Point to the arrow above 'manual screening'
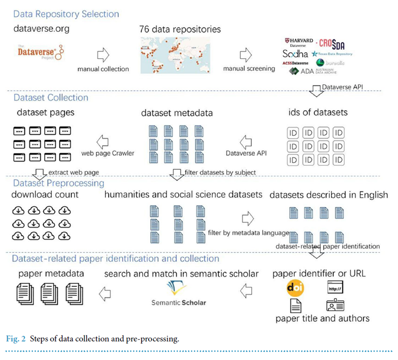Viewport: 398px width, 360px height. click(x=245, y=54)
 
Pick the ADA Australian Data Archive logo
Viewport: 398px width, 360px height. click(x=312, y=71)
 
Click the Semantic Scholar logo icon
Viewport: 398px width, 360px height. click(x=178, y=288)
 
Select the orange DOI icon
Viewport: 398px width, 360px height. click(x=296, y=288)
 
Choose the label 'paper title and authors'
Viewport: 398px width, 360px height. click(x=322, y=318)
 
